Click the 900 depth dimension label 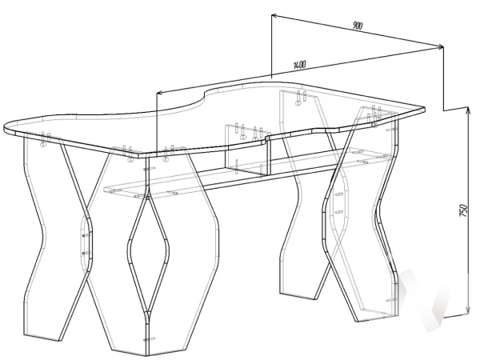tap(357, 26)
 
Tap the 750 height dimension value tap(462, 210)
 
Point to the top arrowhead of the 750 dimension tap(468, 110)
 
